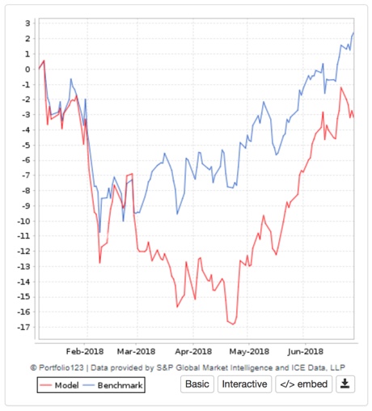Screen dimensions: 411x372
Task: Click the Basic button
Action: tap(197, 383)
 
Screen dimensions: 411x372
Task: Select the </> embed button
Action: tap(302, 383)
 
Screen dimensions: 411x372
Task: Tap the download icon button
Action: tap(345, 383)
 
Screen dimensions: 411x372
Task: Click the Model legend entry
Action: tap(65, 386)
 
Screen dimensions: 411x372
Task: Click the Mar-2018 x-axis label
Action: tap(136, 351)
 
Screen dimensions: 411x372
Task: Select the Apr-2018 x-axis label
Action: tap(192, 351)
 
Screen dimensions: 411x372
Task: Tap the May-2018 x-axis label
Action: tap(248, 351)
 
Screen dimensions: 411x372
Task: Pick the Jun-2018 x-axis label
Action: tap(305, 351)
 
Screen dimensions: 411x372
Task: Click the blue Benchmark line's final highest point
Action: tap(354, 33)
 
